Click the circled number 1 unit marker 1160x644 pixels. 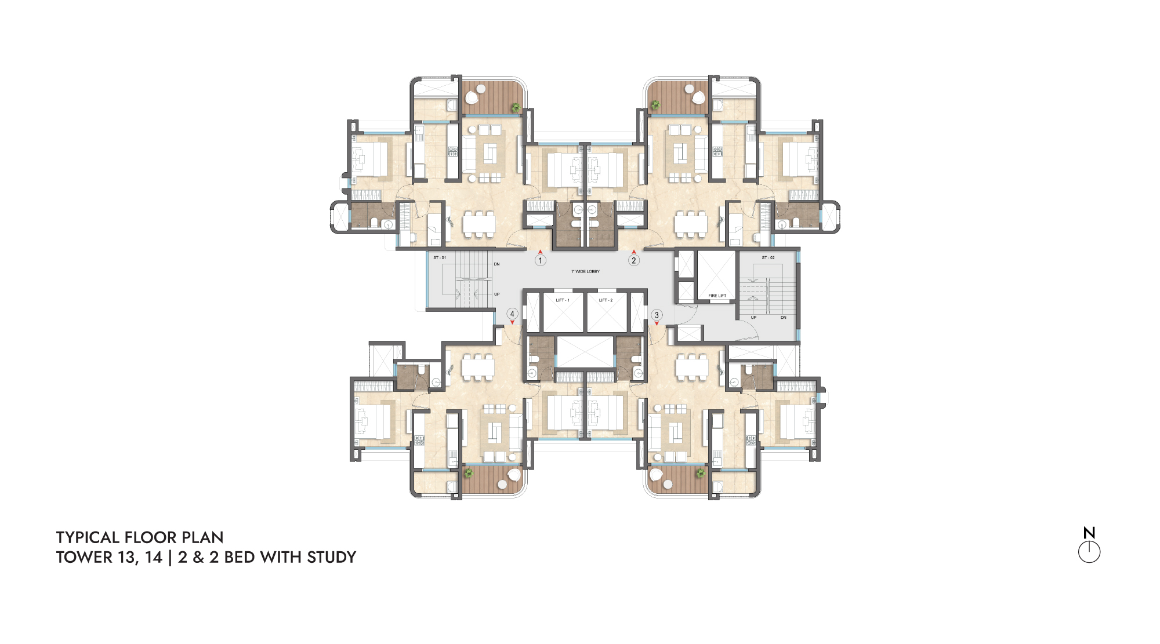(x=540, y=261)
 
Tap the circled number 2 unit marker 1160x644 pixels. (x=634, y=261)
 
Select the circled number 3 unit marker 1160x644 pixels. (x=657, y=315)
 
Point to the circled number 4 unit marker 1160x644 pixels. (x=512, y=314)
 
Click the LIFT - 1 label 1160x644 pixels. (x=563, y=300)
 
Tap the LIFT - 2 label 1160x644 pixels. (x=606, y=300)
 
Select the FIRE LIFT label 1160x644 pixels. (x=717, y=296)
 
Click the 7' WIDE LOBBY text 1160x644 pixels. (x=586, y=271)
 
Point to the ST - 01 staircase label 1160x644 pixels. (x=440, y=257)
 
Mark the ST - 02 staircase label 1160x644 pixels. (x=768, y=257)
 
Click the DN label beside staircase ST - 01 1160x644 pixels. (x=496, y=264)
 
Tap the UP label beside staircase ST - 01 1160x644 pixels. (x=496, y=294)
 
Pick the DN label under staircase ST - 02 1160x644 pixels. (x=784, y=318)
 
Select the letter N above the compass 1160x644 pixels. (x=1089, y=533)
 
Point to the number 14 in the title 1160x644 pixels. (x=154, y=557)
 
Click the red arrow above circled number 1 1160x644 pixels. (x=540, y=252)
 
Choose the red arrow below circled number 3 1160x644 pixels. (x=657, y=323)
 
